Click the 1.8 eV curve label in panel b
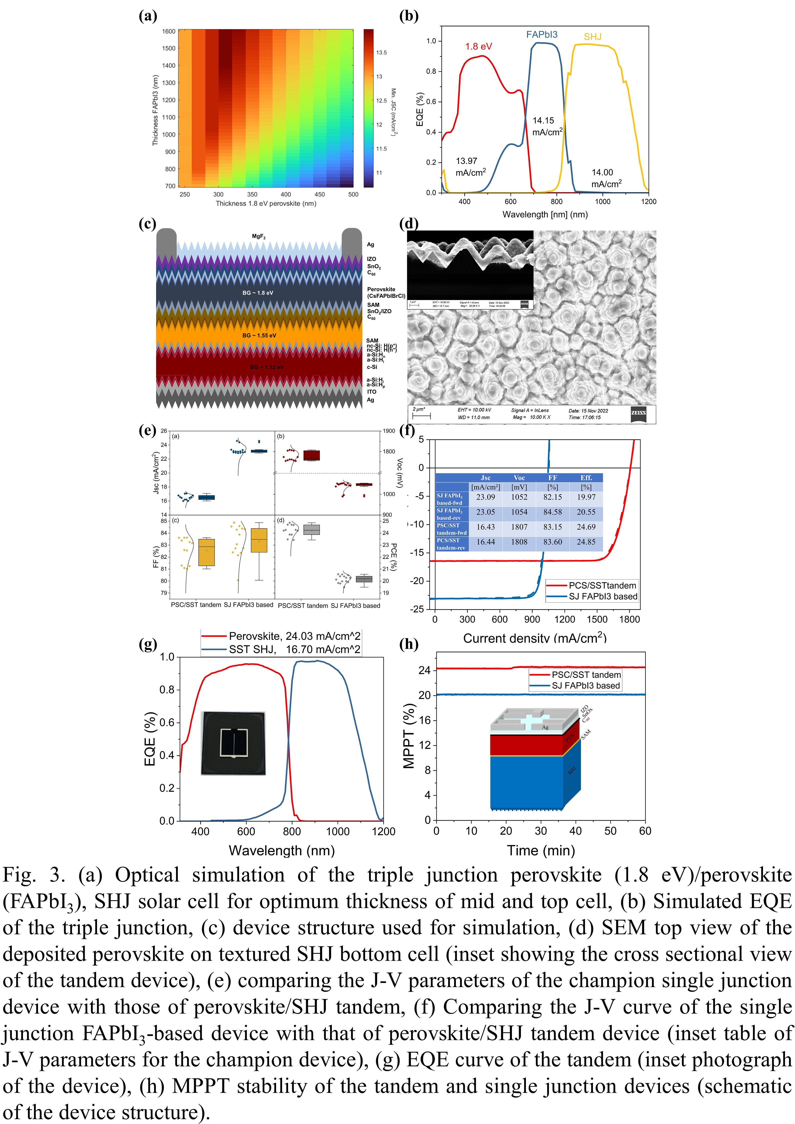click(478, 47)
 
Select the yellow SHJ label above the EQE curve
click(592, 37)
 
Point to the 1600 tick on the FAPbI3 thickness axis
click(169, 31)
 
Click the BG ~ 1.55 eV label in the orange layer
click(259, 335)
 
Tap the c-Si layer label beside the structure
click(372, 367)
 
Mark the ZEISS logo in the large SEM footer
click(638, 413)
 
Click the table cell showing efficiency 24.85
click(586, 542)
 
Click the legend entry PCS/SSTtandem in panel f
click(602, 586)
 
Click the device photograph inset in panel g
click(233, 743)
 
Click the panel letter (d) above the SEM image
click(409, 224)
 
